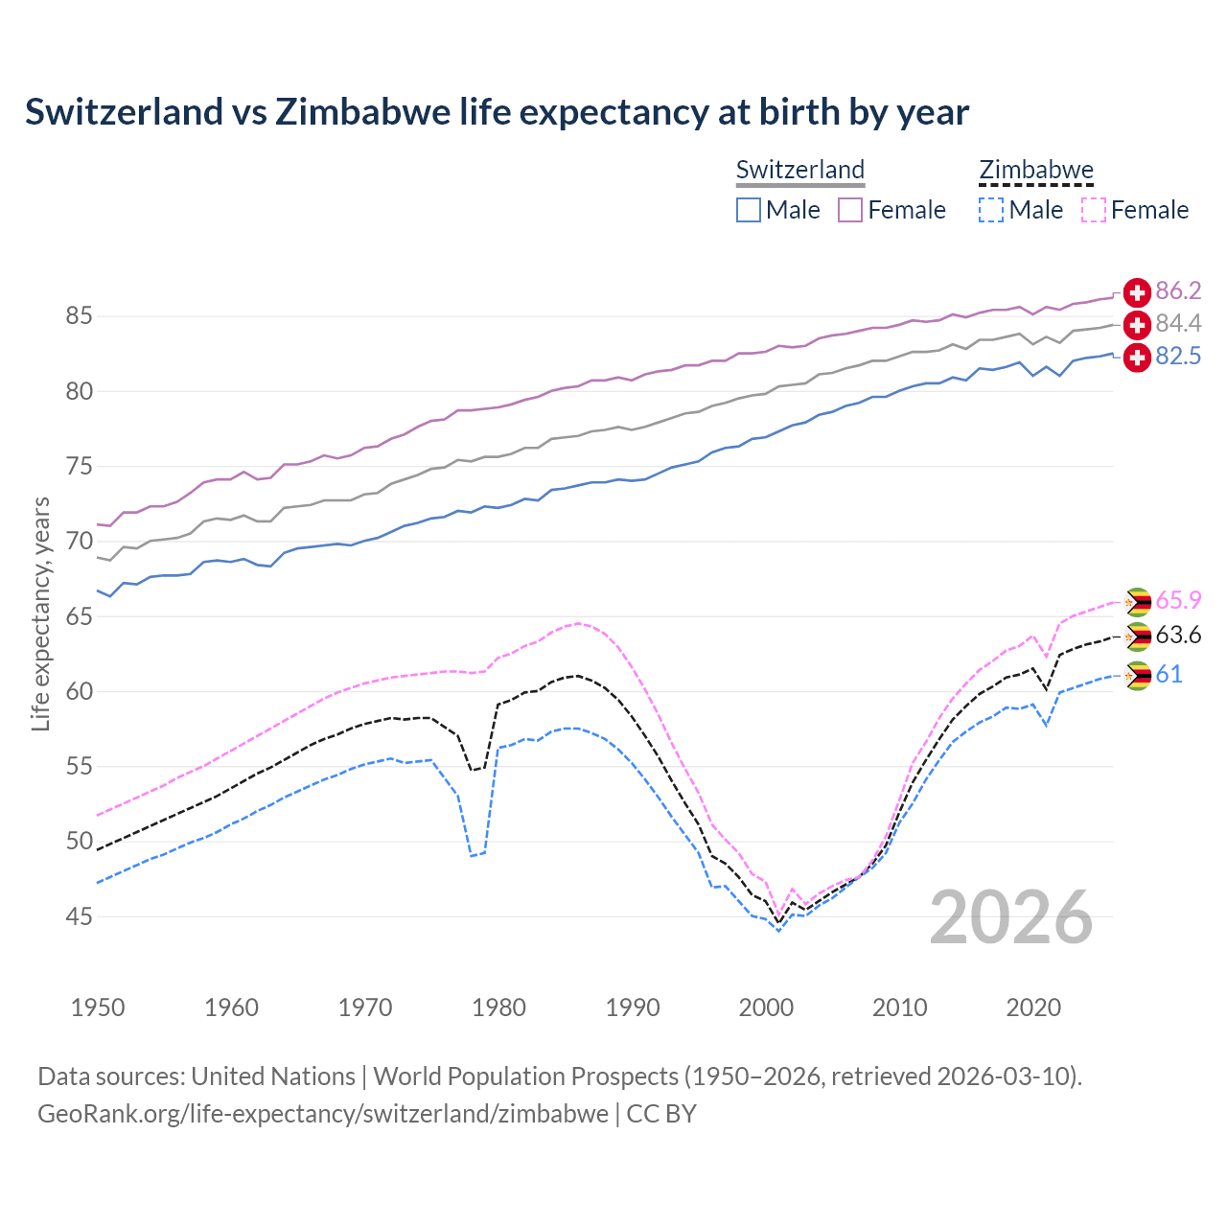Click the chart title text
(497, 112)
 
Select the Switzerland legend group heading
(800, 171)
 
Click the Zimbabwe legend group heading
(1036, 171)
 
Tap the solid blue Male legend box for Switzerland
(749, 210)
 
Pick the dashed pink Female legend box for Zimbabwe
(1094, 210)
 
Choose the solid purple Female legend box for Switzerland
(850, 210)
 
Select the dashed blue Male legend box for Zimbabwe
(991, 210)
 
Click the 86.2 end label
(1178, 291)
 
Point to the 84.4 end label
(1178, 324)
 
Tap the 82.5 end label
(1178, 357)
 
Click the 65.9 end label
(1178, 601)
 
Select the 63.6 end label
(1178, 636)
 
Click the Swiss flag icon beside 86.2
(1137, 292)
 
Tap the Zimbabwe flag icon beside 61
(1137, 676)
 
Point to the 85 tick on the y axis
(80, 316)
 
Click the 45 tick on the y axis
(80, 917)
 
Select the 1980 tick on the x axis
(498, 1007)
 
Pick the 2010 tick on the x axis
(899, 1007)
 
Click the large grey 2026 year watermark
(1011, 918)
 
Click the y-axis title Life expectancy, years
(41, 613)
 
